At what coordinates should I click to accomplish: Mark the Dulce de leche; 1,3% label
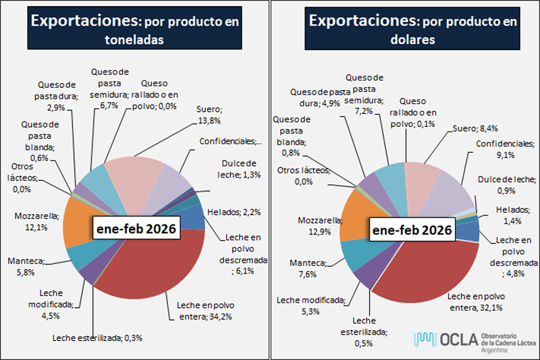point(238,169)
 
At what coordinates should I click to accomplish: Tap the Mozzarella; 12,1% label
point(36,222)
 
